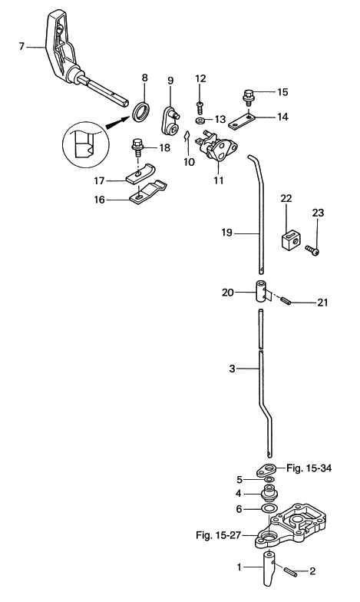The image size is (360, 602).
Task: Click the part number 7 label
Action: click(21, 46)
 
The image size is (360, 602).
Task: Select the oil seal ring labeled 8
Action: click(141, 111)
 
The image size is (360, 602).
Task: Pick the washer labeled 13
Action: click(200, 121)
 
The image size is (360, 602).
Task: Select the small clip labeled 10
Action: click(187, 137)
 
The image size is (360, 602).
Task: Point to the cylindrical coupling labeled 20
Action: click(261, 292)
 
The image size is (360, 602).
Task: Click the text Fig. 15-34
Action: click(309, 468)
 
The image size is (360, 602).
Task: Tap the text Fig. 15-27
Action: click(218, 534)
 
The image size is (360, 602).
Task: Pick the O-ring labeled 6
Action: click(269, 509)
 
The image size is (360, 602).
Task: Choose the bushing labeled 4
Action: click(269, 493)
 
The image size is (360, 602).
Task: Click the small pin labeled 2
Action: click(292, 571)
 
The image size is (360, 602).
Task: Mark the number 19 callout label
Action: click(227, 233)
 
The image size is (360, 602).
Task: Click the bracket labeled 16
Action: click(149, 192)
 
